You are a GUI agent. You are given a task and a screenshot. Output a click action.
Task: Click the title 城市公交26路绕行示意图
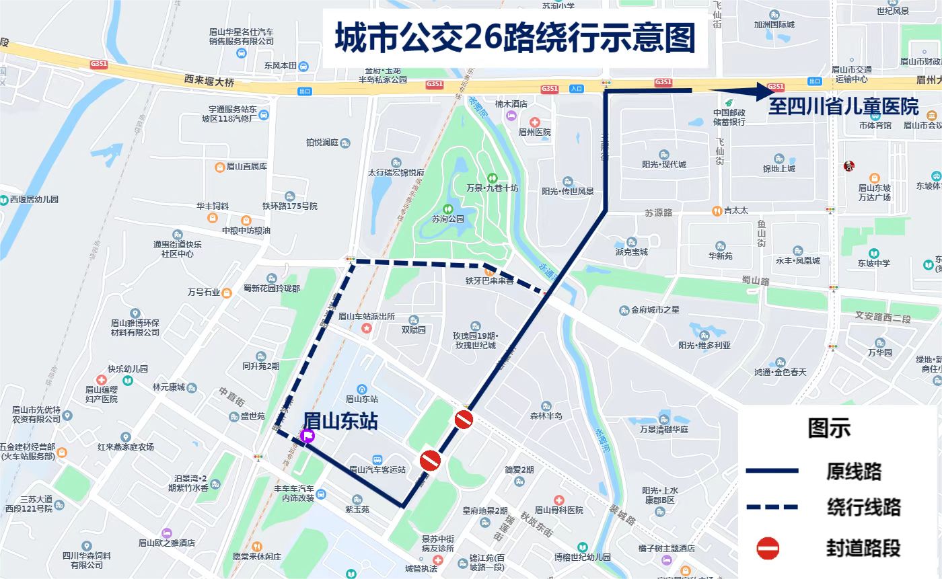(x=515, y=38)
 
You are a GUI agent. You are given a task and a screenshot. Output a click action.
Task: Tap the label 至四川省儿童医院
(x=844, y=107)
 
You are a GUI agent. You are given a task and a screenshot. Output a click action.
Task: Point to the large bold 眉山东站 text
(x=340, y=421)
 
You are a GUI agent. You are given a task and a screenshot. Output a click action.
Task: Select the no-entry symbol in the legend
(x=768, y=548)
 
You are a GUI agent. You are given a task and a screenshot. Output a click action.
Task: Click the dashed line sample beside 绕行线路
(x=772, y=506)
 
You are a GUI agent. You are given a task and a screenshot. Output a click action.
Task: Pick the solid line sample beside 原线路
(x=772, y=471)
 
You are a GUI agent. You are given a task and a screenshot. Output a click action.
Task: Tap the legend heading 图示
(x=829, y=428)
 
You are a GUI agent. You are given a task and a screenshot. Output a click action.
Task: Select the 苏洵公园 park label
(x=448, y=219)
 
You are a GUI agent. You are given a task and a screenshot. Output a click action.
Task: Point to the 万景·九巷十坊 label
(x=493, y=188)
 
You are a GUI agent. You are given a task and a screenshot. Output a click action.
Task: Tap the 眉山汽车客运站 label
(x=378, y=469)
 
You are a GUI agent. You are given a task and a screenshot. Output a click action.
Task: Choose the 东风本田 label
(x=281, y=66)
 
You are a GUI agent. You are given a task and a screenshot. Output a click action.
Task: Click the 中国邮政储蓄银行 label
(x=729, y=117)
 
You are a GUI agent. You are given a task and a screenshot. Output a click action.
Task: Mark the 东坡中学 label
(x=873, y=263)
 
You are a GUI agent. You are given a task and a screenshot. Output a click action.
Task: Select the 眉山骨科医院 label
(x=558, y=510)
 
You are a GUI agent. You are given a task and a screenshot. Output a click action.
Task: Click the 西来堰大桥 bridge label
(x=209, y=82)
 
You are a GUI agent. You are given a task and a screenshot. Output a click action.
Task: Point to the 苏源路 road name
(x=658, y=213)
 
